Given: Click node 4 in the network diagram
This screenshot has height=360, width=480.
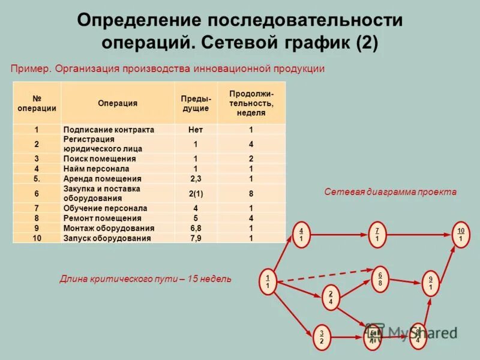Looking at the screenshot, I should (x=301, y=235).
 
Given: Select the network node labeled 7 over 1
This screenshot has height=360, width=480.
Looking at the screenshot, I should (x=377, y=235).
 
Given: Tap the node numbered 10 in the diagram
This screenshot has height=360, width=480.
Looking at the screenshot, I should (x=460, y=235).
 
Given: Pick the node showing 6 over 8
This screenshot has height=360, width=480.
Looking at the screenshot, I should (x=380, y=279).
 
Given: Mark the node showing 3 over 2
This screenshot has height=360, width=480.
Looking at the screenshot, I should (x=322, y=337).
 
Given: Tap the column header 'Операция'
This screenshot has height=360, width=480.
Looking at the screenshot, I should (x=118, y=103).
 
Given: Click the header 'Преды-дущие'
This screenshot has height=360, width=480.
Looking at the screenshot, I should (x=196, y=103).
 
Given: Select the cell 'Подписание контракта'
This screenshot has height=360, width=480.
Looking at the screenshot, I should (x=109, y=130).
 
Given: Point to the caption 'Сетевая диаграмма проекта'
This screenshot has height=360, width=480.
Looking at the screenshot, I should (x=391, y=192).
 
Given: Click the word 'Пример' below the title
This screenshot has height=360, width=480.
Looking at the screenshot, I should (x=29, y=69).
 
